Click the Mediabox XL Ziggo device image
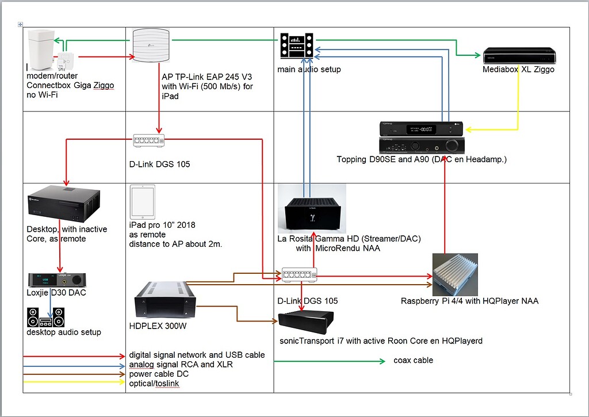coord(520,55)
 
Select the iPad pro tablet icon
coord(142,201)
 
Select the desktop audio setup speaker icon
coord(46,317)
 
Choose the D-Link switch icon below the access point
coord(149,140)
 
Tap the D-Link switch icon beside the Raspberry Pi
coord(299,275)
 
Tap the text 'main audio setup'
coord(309,70)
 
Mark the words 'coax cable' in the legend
coord(413,361)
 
